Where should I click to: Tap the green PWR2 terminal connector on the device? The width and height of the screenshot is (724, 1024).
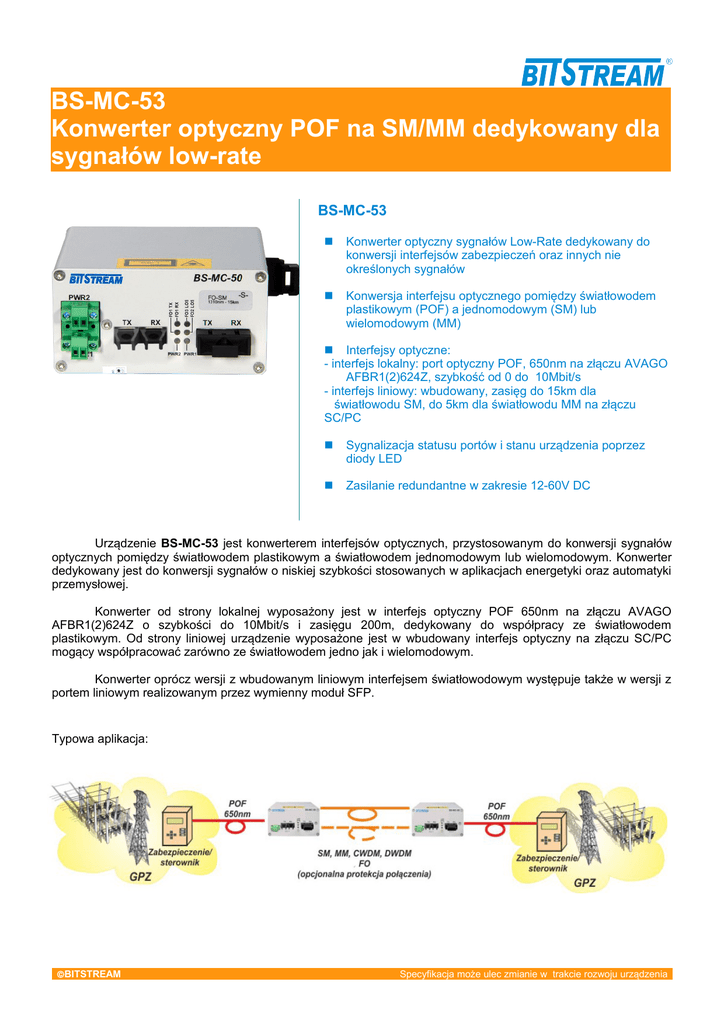point(80,322)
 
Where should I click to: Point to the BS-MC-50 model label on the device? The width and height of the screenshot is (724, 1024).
point(217,278)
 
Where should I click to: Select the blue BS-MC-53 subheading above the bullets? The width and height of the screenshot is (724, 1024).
point(351,211)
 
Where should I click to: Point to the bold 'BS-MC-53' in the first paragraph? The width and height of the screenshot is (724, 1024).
point(190,543)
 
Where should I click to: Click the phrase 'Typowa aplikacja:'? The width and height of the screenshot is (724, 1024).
point(99,739)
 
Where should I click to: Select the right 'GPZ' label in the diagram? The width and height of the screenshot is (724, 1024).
point(584,883)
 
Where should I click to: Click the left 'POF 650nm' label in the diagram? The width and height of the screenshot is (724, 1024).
point(237,809)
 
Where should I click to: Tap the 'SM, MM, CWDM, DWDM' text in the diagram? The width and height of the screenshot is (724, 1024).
point(364,853)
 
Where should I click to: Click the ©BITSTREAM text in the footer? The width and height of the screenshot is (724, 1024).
point(88,974)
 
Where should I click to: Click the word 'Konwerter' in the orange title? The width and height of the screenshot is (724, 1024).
point(115,129)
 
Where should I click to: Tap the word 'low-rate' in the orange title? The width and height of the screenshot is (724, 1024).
point(218,156)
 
